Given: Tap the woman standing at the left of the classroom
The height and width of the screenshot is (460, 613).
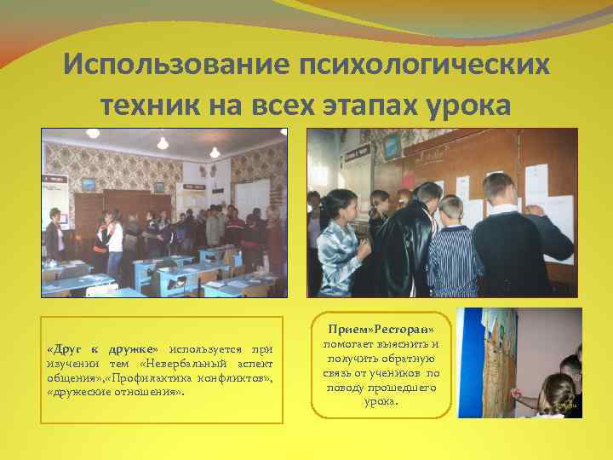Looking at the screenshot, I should [55, 234].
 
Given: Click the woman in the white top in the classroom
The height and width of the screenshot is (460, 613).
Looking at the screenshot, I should [115, 239].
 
